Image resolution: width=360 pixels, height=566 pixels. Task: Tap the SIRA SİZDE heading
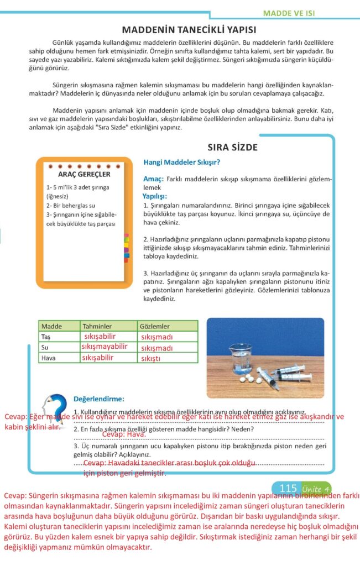(232, 148)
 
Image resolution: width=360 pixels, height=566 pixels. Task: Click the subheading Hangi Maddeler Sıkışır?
(181, 163)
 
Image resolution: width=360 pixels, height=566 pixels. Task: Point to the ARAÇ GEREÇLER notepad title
(84, 175)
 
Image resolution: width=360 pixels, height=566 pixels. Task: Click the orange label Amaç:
(153, 179)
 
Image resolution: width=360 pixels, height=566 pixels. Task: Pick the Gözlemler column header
(154, 326)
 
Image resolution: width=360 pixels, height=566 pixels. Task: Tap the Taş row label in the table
(46, 337)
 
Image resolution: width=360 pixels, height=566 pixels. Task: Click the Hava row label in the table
(48, 358)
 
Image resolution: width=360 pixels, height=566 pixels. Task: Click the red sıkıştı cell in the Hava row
(151, 359)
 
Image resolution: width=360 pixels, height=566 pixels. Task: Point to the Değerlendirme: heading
(99, 399)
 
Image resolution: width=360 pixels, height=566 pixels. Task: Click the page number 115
(289, 488)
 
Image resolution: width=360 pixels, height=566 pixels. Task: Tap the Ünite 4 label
(316, 489)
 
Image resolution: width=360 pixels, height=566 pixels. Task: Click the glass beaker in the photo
(241, 358)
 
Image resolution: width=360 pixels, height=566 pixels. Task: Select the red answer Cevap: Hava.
(124, 434)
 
